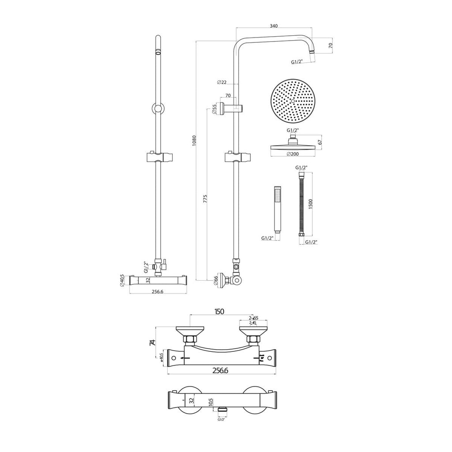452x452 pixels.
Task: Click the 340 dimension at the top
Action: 273,26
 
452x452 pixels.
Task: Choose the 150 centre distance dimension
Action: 219,311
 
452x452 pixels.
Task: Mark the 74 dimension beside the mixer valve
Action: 152,343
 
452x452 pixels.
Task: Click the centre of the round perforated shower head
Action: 292,101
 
